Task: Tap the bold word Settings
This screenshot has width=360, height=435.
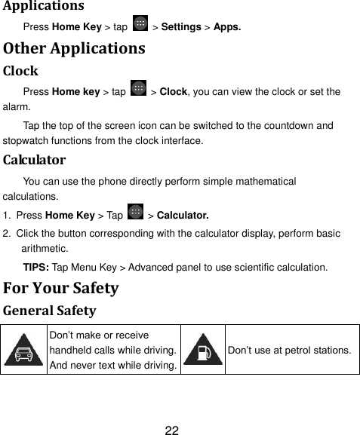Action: point(180,28)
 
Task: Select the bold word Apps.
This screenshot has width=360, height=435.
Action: point(227,28)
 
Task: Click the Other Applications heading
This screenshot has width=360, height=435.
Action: point(73,51)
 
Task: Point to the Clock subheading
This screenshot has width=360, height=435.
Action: point(21,73)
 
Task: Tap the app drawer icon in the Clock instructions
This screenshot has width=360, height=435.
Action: point(138,90)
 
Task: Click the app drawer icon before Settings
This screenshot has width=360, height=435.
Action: point(140,26)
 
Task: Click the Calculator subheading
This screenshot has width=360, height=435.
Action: point(34,160)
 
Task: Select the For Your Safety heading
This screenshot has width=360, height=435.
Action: point(61,288)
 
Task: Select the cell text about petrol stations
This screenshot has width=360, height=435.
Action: point(289,351)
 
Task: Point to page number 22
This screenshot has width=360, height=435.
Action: point(172,431)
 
